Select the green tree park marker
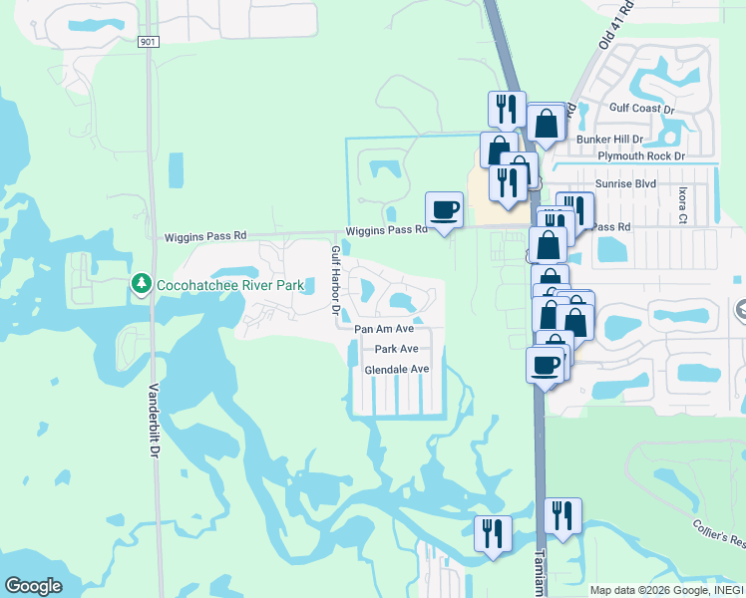point(142,285)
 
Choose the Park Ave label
point(396,349)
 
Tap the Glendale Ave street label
point(396,369)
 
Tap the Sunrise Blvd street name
point(625,184)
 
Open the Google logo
point(33,586)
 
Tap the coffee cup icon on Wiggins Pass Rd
point(445,210)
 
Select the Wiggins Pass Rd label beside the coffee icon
point(386,230)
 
